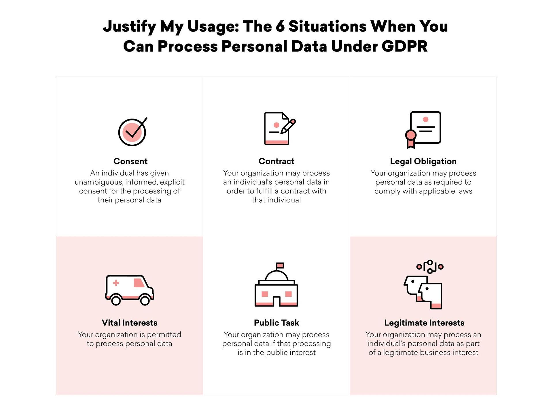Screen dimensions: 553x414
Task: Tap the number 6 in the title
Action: (x=280, y=26)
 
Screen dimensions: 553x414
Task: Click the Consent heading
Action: (x=130, y=161)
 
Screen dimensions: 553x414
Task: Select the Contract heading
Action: (x=276, y=161)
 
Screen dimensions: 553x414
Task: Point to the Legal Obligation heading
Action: (x=423, y=162)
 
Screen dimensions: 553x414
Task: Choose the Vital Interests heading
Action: (x=130, y=323)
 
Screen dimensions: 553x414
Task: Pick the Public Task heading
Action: (x=276, y=323)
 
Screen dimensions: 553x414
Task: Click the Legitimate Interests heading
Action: (x=424, y=323)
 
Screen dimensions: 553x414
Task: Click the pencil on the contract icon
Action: (x=288, y=126)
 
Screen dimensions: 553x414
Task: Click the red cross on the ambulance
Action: (x=116, y=283)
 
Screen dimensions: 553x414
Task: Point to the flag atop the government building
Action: (x=280, y=265)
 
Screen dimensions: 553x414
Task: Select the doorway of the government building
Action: (x=276, y=302)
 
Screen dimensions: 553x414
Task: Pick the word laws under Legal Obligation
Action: (x=464, y=191)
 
